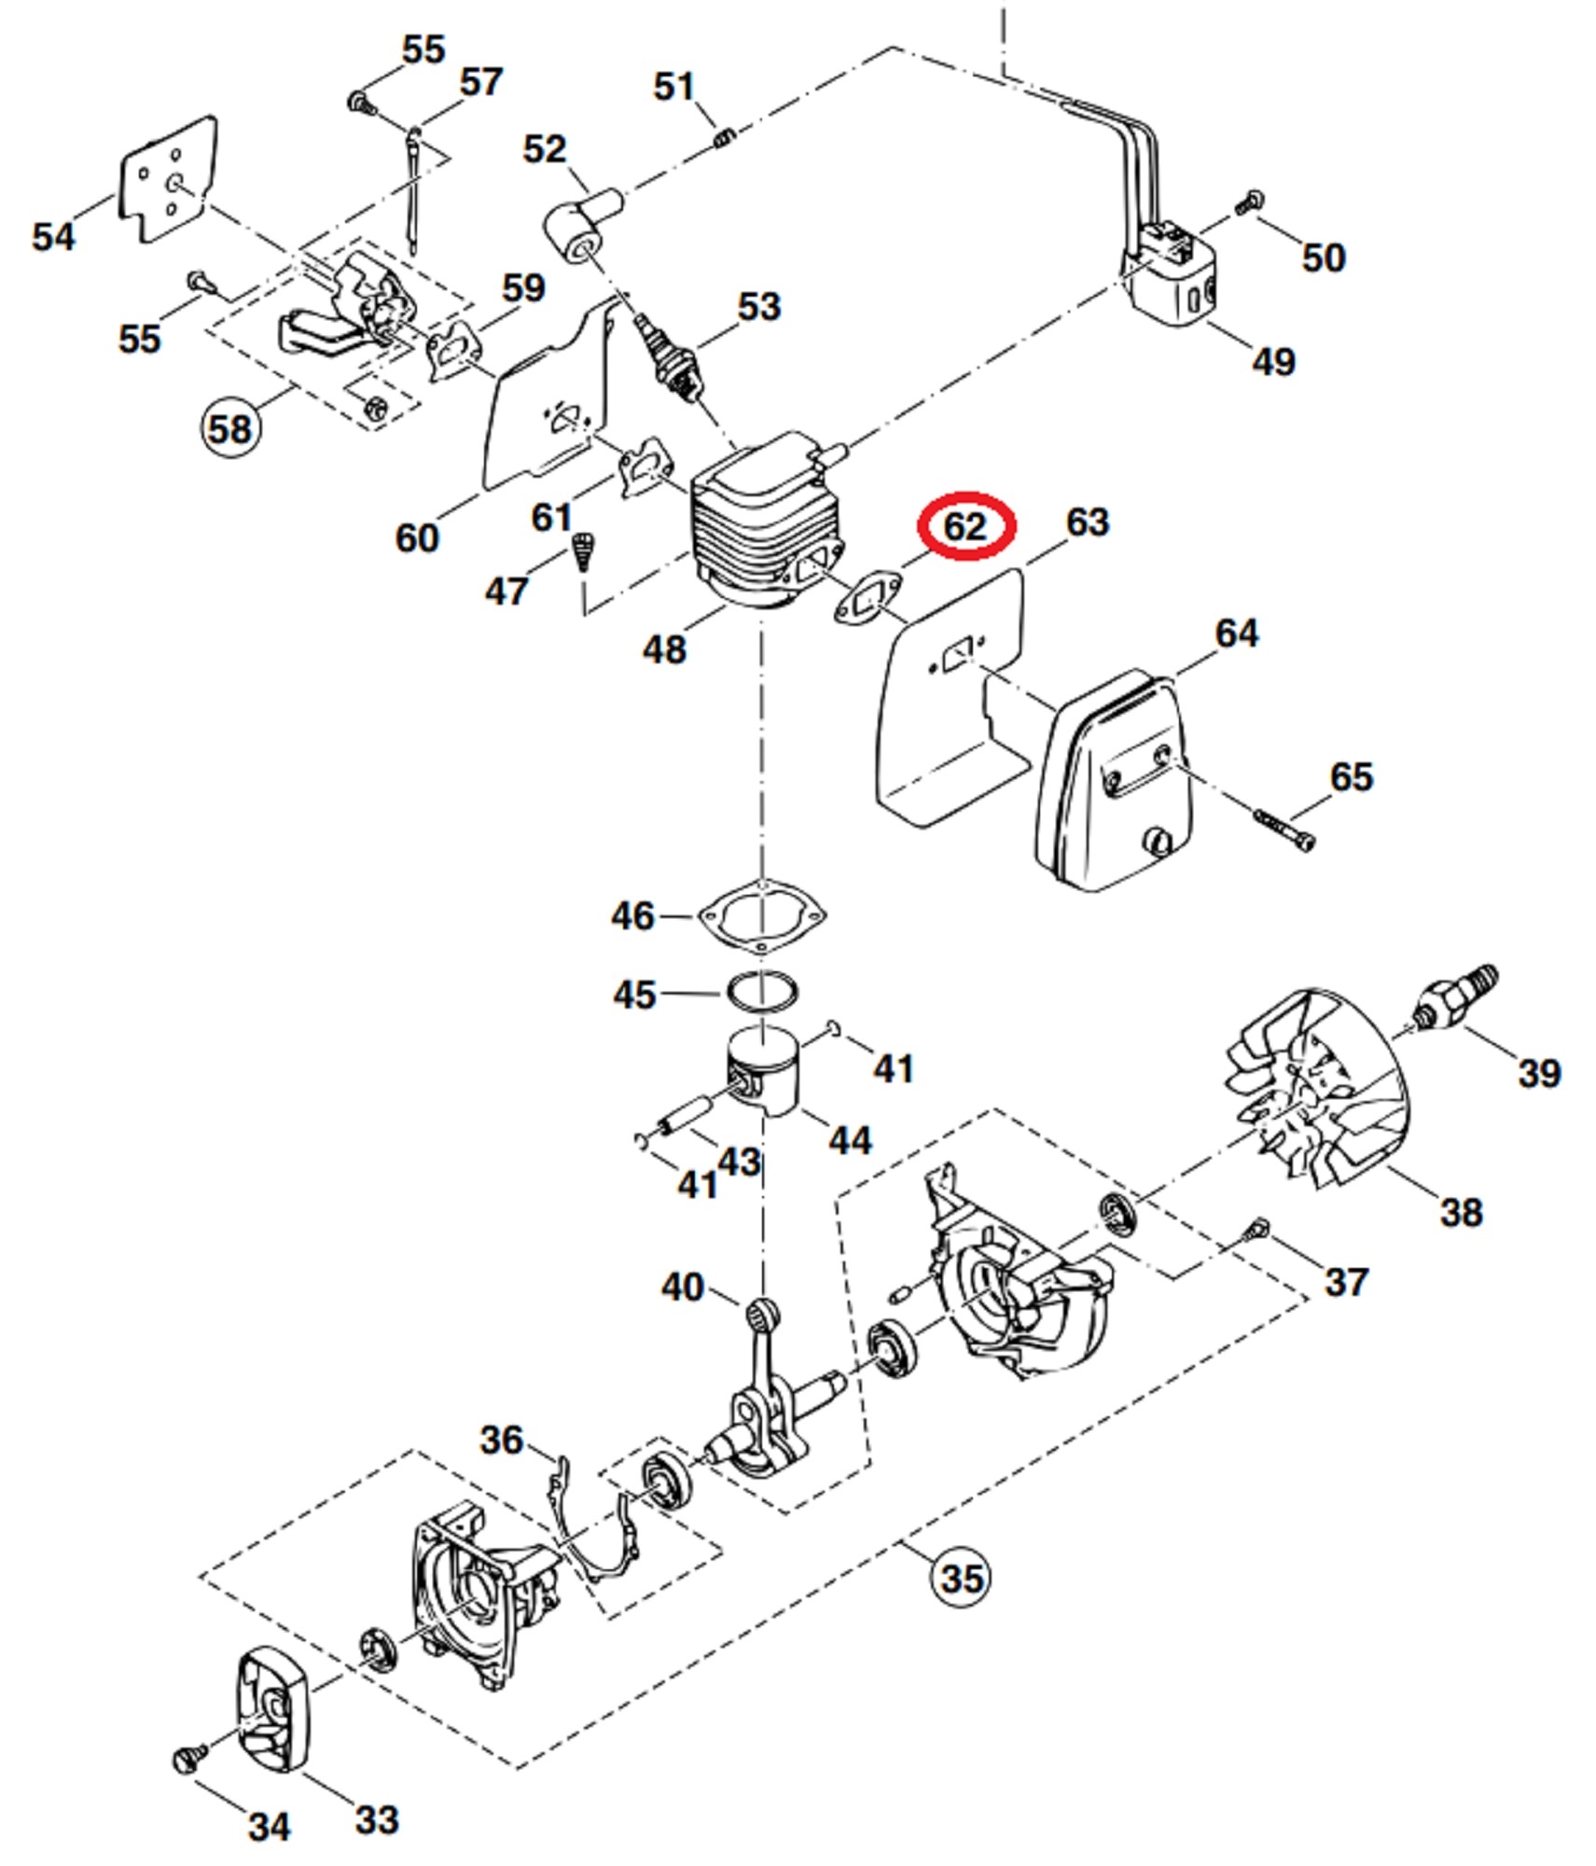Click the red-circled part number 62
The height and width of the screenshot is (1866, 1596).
coord(965,527)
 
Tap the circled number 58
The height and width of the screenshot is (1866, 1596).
coord(230,429)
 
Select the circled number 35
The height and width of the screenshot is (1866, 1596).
coord(962,1578)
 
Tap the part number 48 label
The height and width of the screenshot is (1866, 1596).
coord(664,649)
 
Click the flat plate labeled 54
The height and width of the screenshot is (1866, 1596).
coord(167,179)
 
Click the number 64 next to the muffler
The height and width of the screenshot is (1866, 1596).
coord(1237,634)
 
